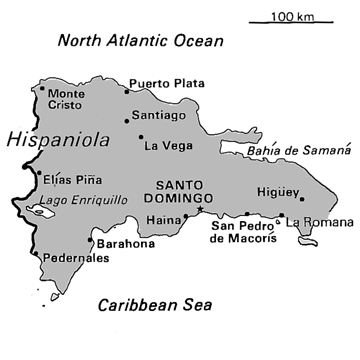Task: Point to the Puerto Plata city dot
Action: [x=127, y=90]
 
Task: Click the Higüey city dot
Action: [x=300, y=198]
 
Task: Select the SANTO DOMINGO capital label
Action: [x=183, y=192]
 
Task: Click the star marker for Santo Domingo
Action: [x=200, y=211]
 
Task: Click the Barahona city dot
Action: [x=91, y=240]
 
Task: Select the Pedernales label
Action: [x=74, y=258]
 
